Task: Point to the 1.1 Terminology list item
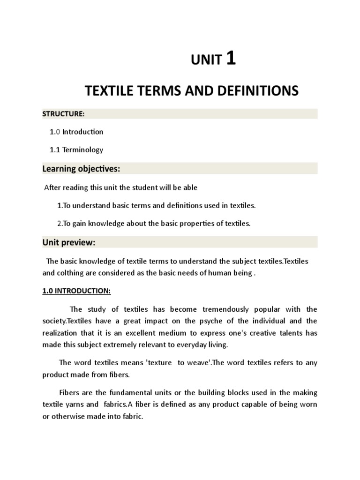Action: (x=76, y=150)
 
